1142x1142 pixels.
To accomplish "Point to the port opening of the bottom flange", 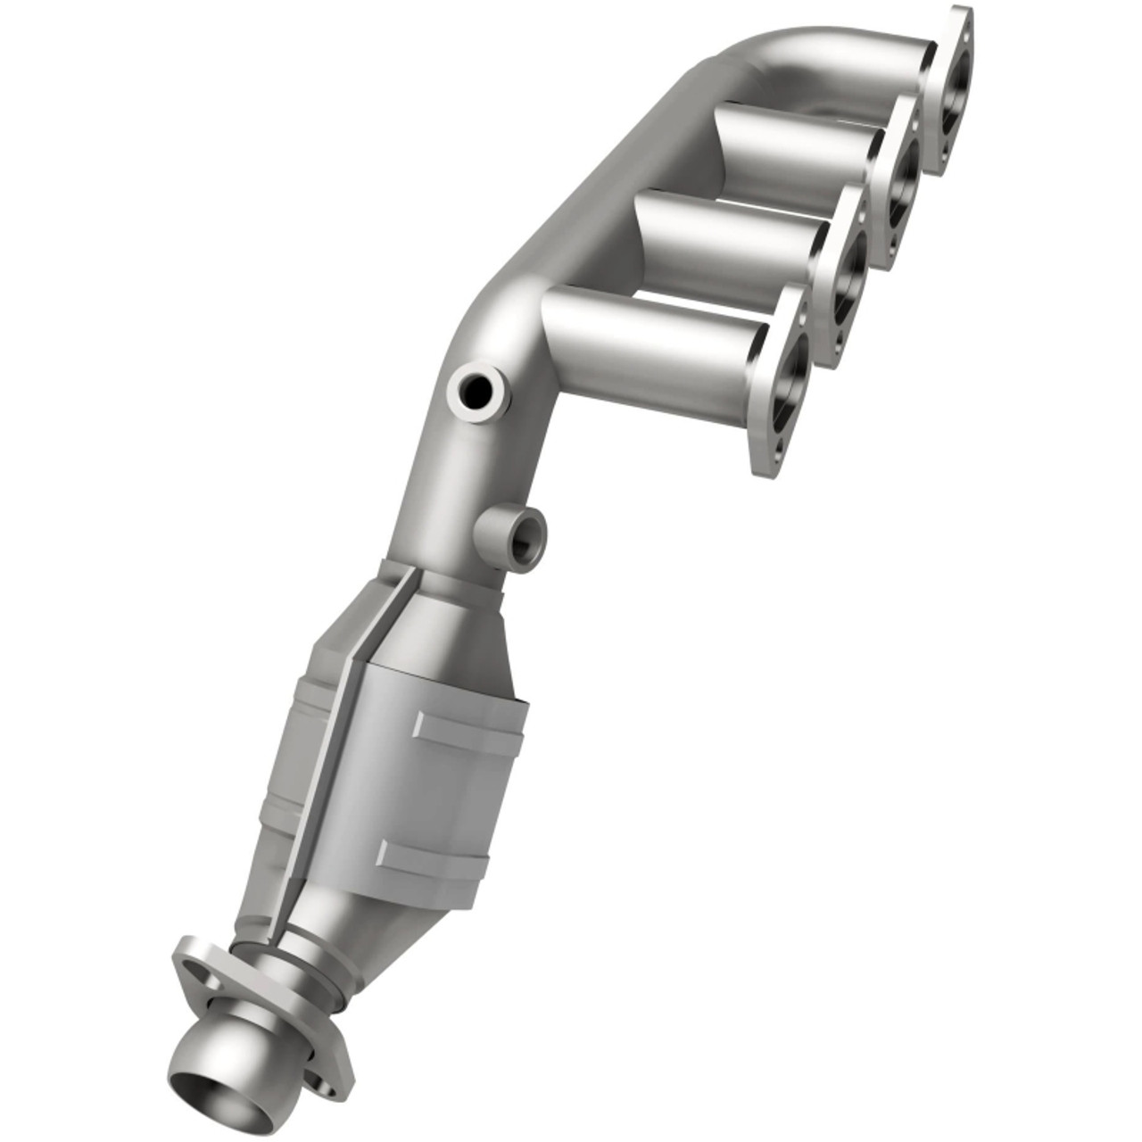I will pos(792,375).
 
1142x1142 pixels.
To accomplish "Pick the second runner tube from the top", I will pos(799,152).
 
